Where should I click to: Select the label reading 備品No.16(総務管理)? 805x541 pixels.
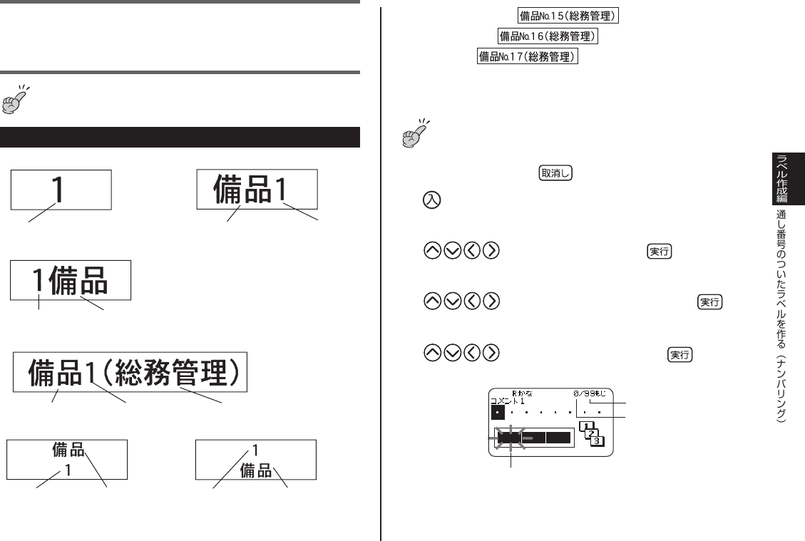pyautogui.click(x=547, y=36)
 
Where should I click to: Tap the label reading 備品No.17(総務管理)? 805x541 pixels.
pyautogui.click(x=527, y=55)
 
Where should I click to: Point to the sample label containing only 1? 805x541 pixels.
pyautogui.click(x=61, y=188)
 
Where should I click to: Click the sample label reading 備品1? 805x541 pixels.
pyautogui.click(x=257, y=189)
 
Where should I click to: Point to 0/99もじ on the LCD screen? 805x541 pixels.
pyautogui.click(x=589, y=393)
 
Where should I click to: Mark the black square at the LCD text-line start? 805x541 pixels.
pyautogui.click(x=498, y=412)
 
